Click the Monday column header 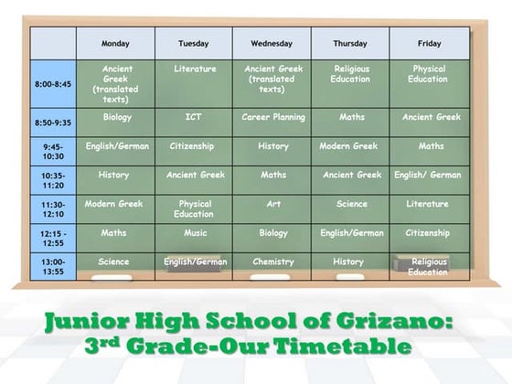click(115, 43)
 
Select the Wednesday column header click(272, 43)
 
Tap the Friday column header click(429, 43)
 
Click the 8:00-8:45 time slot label click(52, 84)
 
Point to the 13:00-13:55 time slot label click(52, 266)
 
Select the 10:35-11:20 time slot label click(52, 179)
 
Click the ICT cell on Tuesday click(194, 117)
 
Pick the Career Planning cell click(272, 117)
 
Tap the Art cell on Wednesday click(272, 204)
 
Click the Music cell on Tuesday click(194, 233)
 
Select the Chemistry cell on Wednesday click(272, 261)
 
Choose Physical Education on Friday click(429, 73)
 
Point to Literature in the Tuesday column click(195, 69)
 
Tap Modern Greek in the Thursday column click(348, 146)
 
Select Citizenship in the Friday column click(428, 233)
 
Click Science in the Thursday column click(351, 204)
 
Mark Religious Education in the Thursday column click(352, 73)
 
